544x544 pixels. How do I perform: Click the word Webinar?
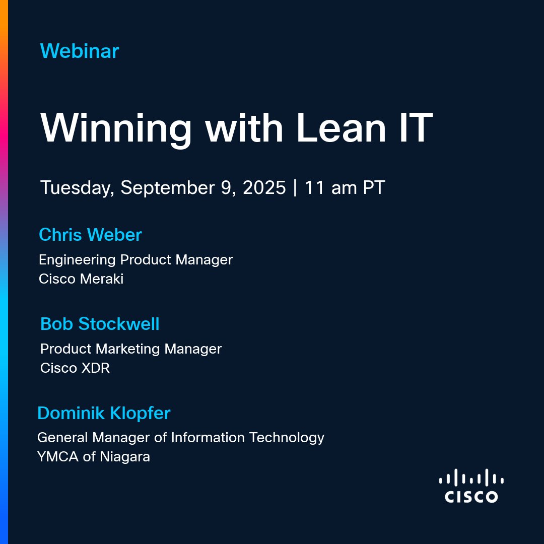80,51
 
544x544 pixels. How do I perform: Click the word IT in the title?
416,127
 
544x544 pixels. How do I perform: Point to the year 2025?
264,188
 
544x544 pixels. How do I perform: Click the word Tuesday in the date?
77,188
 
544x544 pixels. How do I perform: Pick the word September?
168,188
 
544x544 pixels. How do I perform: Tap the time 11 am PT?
345,188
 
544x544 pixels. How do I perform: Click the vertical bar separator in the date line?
295,188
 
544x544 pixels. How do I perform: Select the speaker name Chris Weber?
90,235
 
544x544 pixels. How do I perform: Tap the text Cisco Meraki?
81,279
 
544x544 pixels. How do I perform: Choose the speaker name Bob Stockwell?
100,324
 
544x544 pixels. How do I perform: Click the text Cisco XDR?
75,368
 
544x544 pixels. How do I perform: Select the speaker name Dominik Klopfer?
104,414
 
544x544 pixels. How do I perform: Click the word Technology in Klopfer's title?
287,438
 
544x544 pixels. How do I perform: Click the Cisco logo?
471,486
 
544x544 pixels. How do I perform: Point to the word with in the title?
244,127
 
